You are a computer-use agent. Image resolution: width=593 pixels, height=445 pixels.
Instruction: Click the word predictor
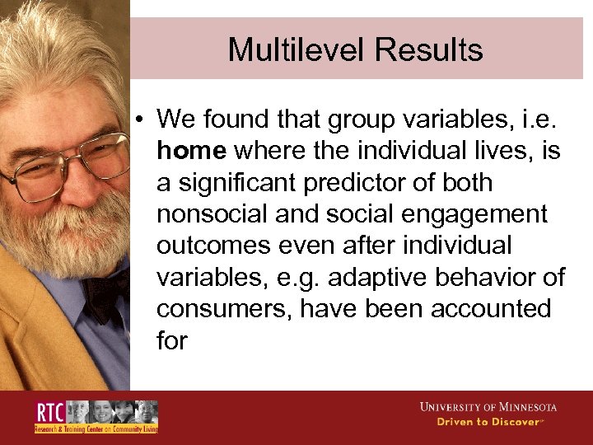[x=377, y=182]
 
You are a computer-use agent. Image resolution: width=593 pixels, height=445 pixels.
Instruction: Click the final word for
[x=172, y=340]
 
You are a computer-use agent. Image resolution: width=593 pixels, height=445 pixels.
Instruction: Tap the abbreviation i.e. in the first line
[x=539, y=119]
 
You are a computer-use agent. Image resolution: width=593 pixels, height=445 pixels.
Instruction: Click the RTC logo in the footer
[x=96, y=417]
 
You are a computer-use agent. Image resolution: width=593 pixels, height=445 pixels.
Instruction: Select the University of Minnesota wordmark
[x=488, y=407]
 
